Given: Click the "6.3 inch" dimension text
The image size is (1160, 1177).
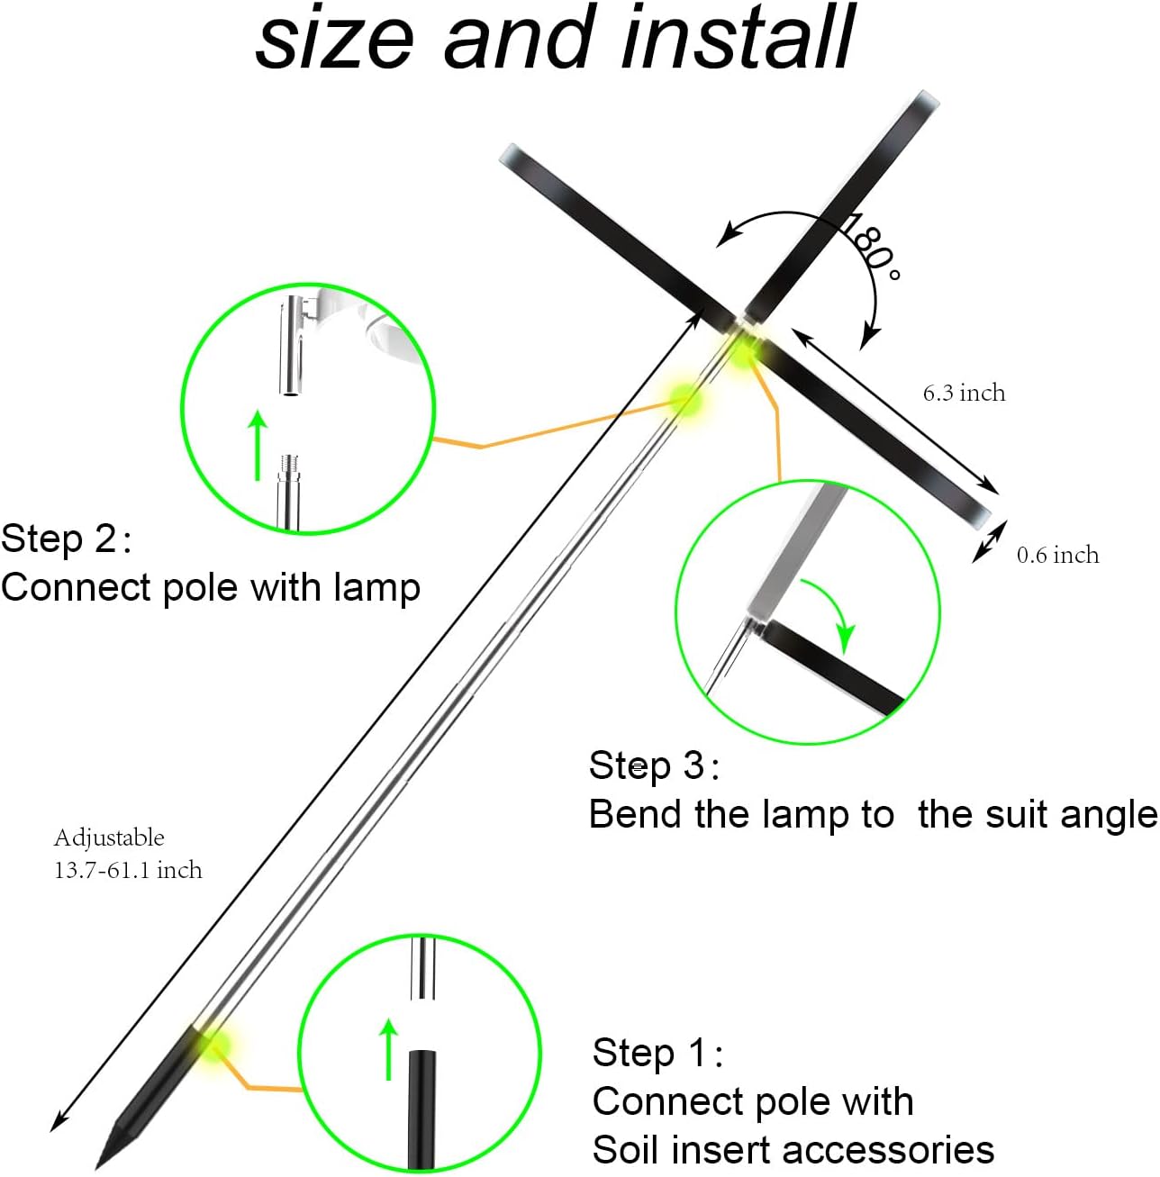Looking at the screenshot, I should [964, 393].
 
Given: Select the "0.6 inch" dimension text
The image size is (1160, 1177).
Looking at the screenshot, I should [1057, 555].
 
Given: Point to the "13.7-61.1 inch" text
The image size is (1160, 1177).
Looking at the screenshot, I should [128, 870].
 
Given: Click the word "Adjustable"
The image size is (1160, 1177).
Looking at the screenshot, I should [109, 837].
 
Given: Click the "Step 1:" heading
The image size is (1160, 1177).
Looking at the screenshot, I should [657, 1053].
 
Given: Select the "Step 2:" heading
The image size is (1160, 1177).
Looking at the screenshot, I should [67, 539].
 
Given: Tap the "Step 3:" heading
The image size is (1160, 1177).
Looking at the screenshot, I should [654, 765].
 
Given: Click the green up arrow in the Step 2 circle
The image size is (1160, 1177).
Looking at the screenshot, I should [258, 445].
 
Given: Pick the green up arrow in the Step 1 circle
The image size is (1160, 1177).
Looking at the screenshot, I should [388, 1048].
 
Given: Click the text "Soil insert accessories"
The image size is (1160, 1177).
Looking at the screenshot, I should [793, 1150].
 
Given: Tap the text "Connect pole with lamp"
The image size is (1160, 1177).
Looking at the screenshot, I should [211, 587].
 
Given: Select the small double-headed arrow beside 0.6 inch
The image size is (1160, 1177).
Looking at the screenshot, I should [988, 543].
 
